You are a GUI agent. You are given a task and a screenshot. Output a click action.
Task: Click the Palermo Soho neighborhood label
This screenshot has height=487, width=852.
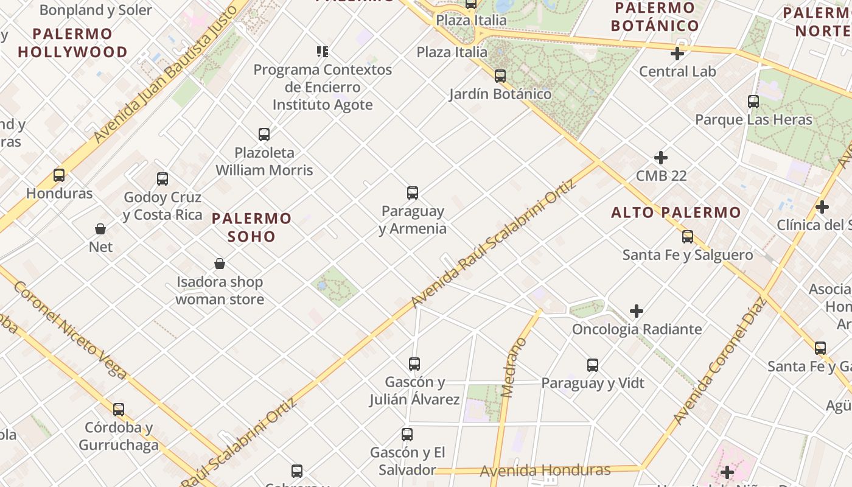coord(252,227)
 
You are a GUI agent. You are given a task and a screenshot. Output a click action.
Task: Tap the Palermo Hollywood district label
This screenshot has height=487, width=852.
coord(73,43)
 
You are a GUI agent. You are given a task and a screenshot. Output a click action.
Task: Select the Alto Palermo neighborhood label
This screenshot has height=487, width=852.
coord(676,212)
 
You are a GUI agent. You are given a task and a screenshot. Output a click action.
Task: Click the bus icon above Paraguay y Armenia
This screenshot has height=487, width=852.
coord(413,193)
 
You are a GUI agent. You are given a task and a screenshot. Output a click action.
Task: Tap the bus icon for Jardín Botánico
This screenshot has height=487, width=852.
coord(500,76)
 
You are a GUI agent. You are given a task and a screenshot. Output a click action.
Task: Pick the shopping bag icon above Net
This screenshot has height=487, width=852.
coord(100,229)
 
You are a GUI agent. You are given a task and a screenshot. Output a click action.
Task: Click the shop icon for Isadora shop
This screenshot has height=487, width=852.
coord(220,264)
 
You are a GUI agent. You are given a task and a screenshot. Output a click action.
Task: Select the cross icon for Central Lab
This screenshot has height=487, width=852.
coord(677,54)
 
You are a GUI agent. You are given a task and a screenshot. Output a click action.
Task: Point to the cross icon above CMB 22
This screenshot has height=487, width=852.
coord(661,158)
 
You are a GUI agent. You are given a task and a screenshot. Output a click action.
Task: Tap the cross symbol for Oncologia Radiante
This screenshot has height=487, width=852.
coord(637,311)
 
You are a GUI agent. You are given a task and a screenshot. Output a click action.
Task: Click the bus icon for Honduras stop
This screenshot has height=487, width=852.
coord(59,175)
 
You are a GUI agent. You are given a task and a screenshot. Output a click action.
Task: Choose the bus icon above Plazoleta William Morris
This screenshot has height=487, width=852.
coord(264,134)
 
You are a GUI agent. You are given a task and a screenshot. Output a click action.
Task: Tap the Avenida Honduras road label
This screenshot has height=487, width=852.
coord(545,470)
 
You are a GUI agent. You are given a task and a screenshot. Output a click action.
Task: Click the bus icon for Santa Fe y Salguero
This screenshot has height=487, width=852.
coord(688,237)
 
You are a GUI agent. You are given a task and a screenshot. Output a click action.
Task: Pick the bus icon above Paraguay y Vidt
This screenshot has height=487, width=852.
coord(593,365)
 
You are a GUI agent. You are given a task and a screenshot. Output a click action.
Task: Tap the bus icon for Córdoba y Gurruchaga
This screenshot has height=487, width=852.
coord(119,410)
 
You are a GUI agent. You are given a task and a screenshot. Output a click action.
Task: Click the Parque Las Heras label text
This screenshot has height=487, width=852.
coord(753,119)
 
